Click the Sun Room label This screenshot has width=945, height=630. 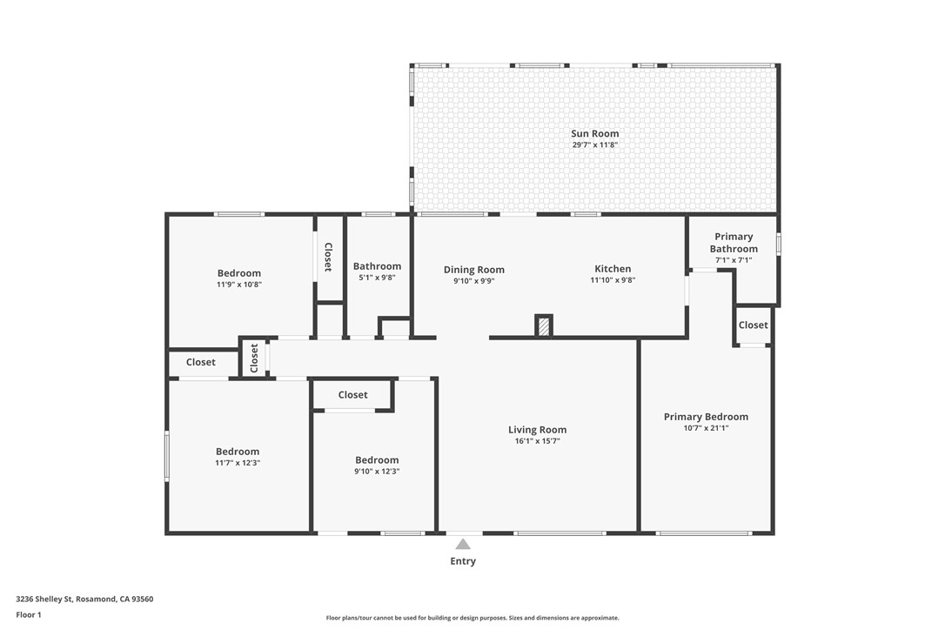(594, 134)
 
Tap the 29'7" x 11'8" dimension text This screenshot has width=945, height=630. (594, 145)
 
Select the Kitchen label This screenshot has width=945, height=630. (613, 269)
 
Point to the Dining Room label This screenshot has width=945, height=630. (473, 270)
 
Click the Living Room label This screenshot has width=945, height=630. (537, 430)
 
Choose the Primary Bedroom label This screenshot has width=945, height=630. (706, 417)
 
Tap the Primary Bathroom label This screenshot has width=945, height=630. (733, 243)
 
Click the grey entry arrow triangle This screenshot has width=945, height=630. (463, 544)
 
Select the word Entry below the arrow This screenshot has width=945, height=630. (463, 561)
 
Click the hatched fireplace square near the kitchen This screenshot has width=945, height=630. (544, 326)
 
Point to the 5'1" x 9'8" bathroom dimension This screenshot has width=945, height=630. (377, 278)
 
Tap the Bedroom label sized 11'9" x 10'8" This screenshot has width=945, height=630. (238, 273)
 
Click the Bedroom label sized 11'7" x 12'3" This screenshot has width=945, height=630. (238, 452)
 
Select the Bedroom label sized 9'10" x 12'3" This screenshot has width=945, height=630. (377, 460)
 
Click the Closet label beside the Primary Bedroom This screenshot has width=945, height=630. (753, 325)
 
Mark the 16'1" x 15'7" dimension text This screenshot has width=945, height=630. (537, 441)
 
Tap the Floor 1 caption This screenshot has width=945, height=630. (29, 614)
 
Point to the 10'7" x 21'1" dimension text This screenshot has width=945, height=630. (706, 428)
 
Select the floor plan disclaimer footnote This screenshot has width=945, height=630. (473, 618)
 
